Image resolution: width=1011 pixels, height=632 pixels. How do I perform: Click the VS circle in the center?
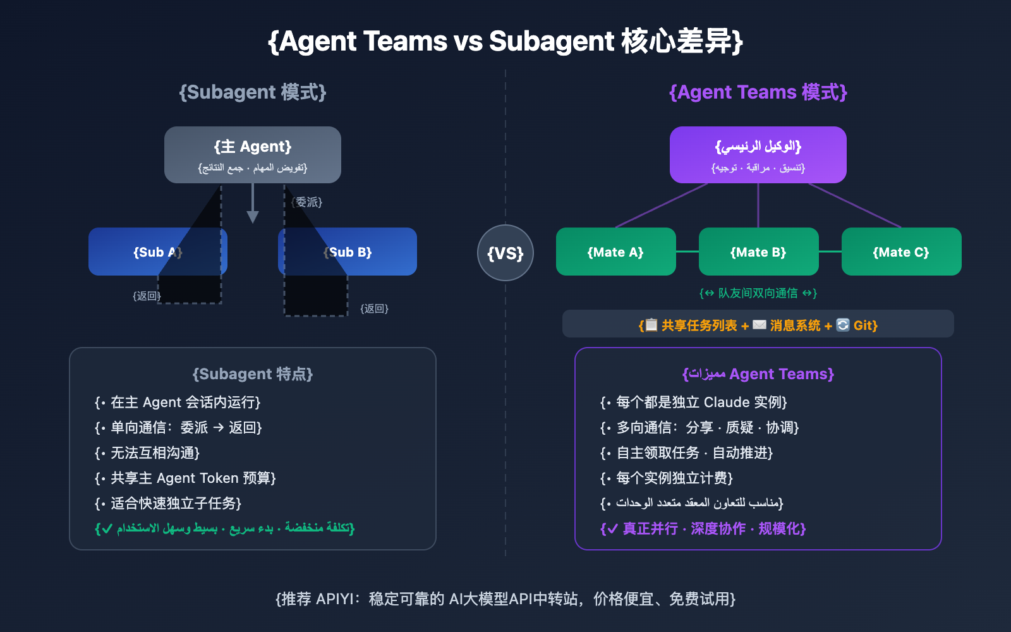(x=505, y=253)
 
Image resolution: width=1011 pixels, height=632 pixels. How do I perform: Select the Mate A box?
(x=615, y=252)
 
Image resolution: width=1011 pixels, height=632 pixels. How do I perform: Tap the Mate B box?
(x=758, y=252)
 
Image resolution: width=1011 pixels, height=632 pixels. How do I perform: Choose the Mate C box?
(x=901, y=252)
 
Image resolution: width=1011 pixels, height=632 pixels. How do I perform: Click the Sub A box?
(x=126, y=252)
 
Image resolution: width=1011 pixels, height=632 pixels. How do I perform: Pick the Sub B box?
(x=379, y=252)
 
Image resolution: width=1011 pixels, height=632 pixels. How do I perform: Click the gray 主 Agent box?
(x=253, y=154)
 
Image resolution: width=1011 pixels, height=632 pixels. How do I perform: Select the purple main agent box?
(x=758, y=154)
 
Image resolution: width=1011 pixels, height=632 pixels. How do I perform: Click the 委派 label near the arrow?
(x=308, y=202)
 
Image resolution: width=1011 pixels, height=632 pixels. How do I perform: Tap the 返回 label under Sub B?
(x=374, y=308)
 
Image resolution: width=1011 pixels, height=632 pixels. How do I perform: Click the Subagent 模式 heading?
(x=253, y=92)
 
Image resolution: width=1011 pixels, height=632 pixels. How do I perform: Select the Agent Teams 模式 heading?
(x=758, y=92)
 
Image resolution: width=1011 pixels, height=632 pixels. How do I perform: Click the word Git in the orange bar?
(x=864, y=325)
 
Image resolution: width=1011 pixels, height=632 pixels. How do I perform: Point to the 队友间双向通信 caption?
(x=758, y=293)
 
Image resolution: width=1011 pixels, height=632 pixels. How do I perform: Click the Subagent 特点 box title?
(x=253, y=374)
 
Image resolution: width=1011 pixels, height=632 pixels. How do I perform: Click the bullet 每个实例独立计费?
(x=667, y=478)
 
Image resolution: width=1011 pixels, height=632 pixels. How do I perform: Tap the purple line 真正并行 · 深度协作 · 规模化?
(x=703, y=528)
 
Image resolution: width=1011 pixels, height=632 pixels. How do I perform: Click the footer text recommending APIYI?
(x=505, y=599)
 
